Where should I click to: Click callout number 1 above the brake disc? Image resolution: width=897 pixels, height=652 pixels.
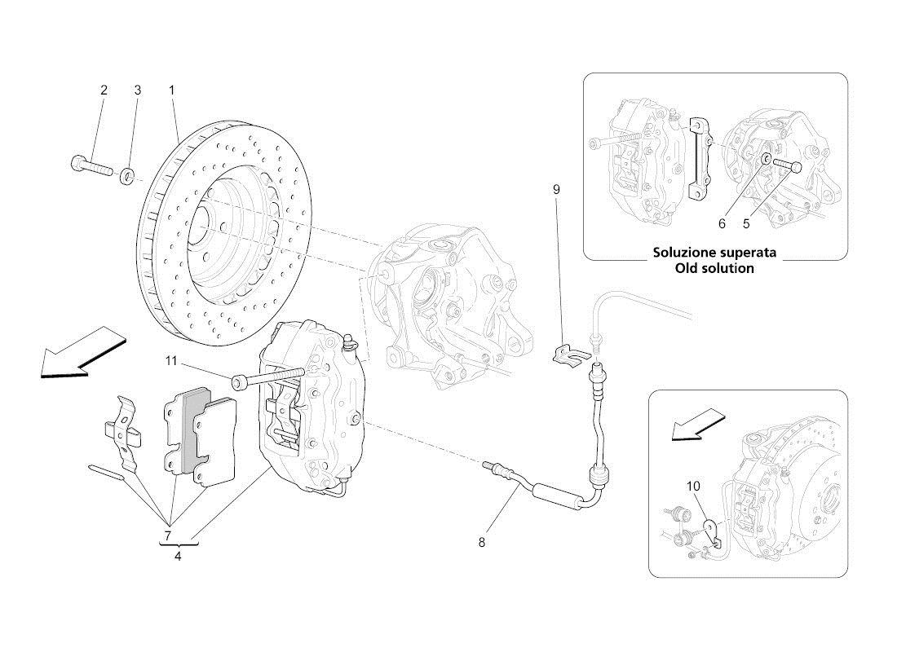pos(172,90)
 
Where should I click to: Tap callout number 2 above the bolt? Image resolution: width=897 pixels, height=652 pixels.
pos(104,90)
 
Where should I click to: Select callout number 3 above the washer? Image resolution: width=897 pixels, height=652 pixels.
pos(137,90)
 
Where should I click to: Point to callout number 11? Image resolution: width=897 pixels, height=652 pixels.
pos(172,360)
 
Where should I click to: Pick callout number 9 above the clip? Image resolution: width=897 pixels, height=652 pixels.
pos(556,190)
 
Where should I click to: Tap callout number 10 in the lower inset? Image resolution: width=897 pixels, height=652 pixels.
pos(693,487)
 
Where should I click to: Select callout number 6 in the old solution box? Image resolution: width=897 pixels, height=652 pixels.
pos(722,222)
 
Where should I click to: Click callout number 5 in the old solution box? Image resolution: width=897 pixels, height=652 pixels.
pos(745,222)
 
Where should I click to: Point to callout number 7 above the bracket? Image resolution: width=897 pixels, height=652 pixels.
pos(166,535)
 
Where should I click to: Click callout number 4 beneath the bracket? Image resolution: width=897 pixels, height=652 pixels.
pos(178,557)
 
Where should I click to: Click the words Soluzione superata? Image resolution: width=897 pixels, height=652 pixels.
pos(714,253)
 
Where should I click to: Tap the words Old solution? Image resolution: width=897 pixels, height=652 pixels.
pos(714,268)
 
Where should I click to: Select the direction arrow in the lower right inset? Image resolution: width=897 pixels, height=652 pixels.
pos(696,425)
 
